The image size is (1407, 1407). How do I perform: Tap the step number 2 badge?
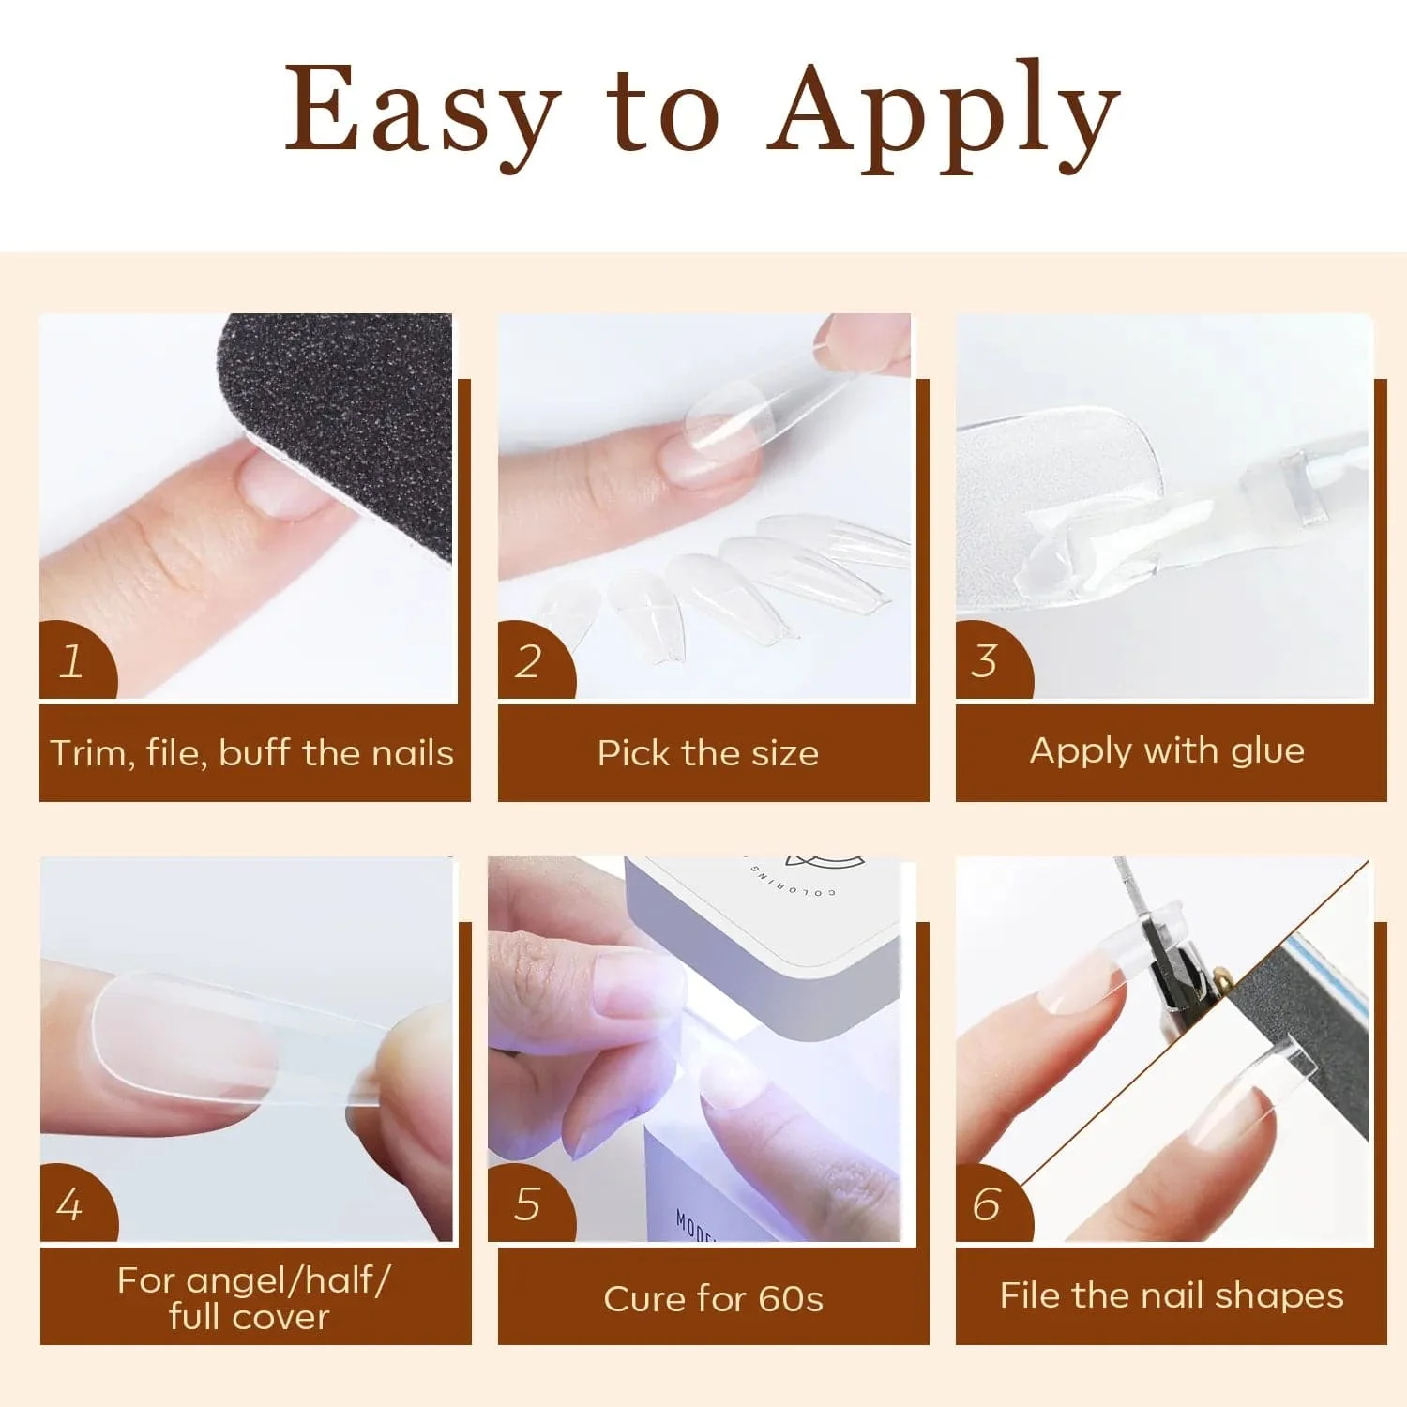point(528,662)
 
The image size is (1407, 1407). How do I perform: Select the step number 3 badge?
point(985,661)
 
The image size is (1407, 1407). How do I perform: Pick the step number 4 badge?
point(71,1205)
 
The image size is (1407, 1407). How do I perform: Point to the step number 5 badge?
point(527,1205)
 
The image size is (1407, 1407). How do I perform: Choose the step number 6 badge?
point(986,1205)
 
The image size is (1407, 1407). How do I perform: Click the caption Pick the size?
point(708,753)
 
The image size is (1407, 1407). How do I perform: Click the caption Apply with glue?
point(1167,750)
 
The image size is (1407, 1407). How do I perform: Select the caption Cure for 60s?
point(713,1299)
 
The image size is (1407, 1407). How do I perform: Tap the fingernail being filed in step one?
point(281,483)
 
